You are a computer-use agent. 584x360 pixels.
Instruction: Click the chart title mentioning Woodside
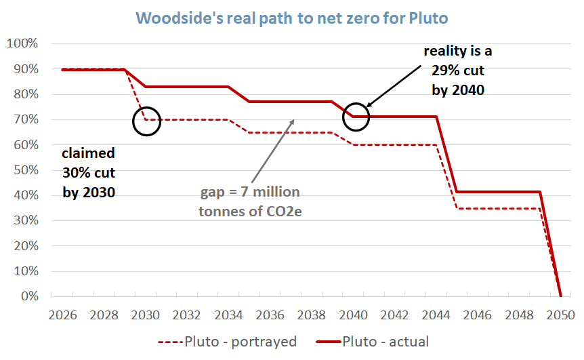[291, 17]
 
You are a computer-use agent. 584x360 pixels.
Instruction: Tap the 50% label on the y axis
[25, 170]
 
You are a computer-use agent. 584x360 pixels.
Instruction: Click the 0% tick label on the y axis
[28, 296]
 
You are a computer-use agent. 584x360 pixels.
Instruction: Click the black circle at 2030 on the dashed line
[146, 121]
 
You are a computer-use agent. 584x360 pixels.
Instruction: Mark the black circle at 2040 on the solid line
[356, 116]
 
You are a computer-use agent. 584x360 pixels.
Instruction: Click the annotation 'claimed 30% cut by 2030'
[89, 172]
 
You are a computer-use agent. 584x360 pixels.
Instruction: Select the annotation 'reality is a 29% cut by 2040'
[455, 71]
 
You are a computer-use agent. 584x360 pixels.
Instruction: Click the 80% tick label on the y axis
[25, 94]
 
